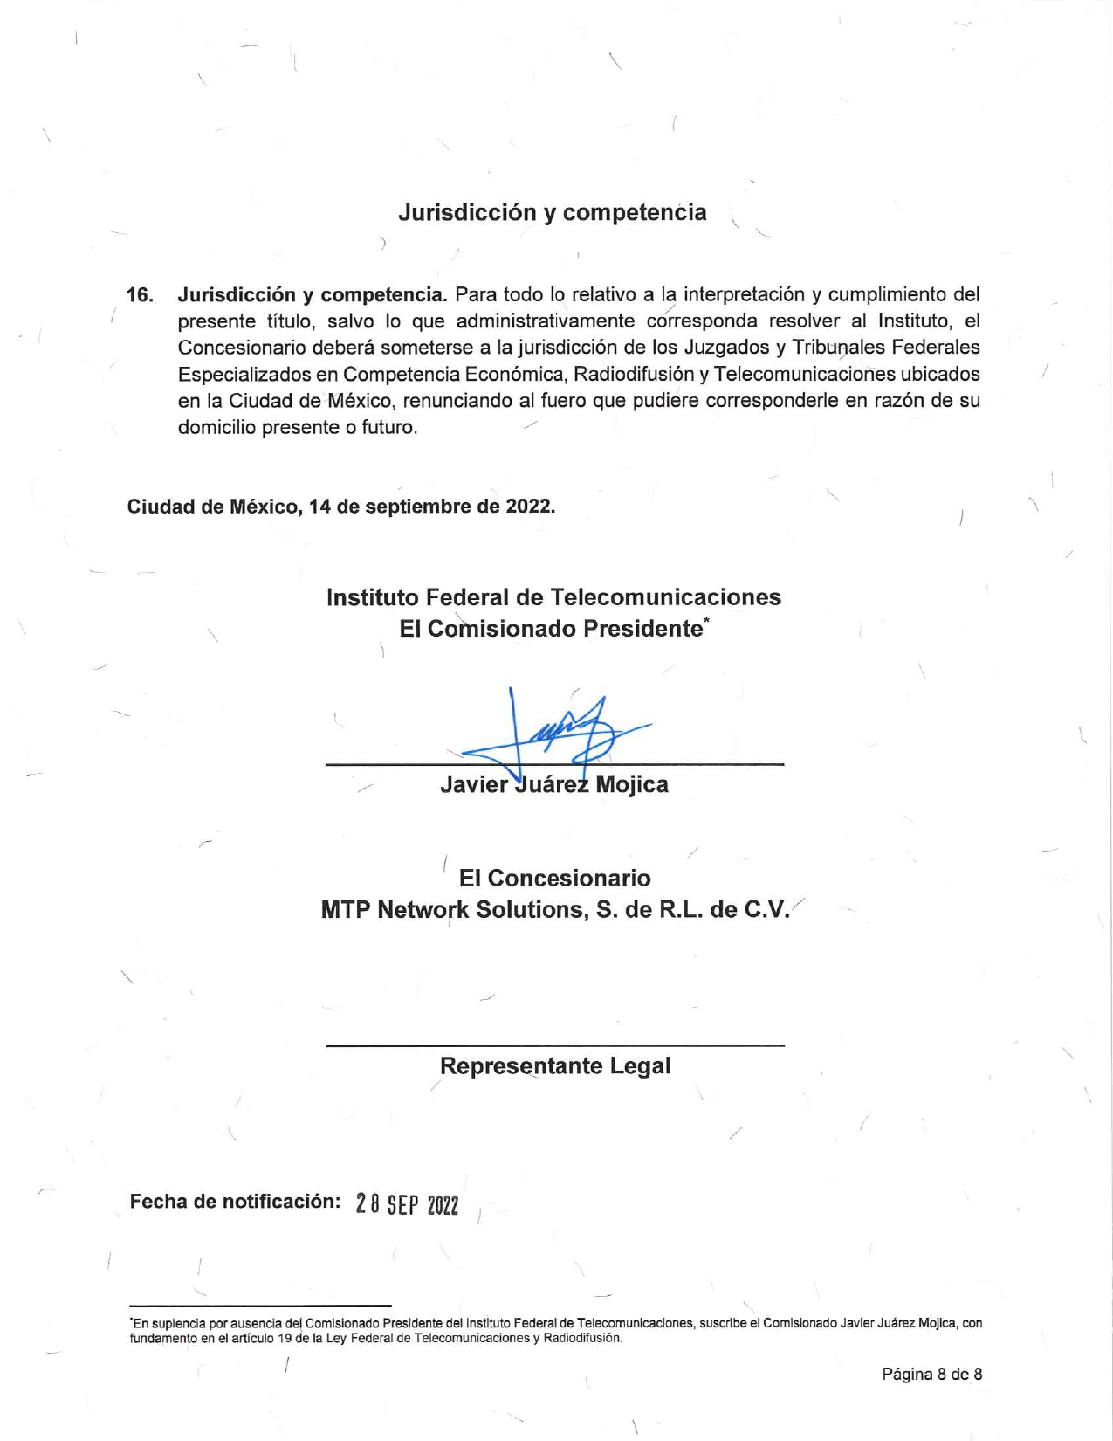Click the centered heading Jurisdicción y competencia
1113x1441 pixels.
552,212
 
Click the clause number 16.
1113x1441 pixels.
140,294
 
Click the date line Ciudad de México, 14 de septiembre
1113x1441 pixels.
340,507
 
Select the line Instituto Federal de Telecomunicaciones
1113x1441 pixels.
553,597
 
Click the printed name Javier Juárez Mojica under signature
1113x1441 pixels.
554,784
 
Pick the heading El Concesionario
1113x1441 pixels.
554,878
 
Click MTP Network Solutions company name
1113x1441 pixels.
554,910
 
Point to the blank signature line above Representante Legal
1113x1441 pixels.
555,1045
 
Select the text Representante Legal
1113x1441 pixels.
555,1066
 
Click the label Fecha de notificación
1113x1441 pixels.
235,1202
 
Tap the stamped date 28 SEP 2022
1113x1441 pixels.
407,1205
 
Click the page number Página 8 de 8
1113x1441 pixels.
931,1375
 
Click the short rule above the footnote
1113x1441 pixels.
260,1305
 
